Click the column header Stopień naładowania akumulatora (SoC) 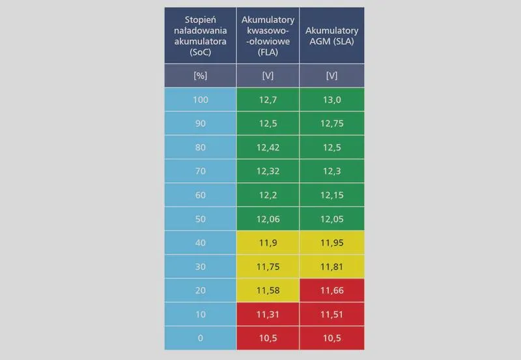201,36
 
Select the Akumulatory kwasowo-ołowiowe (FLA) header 268,36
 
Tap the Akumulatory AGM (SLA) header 331,36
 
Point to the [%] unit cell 201,76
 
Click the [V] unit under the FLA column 268,76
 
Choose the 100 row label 201,100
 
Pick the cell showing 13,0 331,100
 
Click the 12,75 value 331,124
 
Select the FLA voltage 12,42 268,148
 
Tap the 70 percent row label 201,171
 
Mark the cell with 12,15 331,195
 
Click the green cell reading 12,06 268,219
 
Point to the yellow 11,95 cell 331,243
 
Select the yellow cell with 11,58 268,290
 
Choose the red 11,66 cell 331,290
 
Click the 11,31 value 268,314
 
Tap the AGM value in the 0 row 331,338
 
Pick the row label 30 201,267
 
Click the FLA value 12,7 268,100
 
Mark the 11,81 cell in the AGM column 331,267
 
